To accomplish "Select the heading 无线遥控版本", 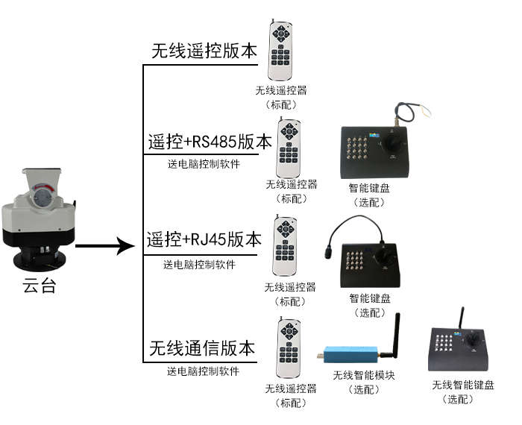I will (x=204, y=50).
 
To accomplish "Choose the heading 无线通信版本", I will (x=202, y=347).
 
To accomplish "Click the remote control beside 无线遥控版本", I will (x=280, y=53).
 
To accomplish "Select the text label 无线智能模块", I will (x=364, y=375).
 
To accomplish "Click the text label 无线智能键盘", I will (x=462, y=385).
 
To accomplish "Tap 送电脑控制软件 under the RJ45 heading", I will (x=200, y=265).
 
